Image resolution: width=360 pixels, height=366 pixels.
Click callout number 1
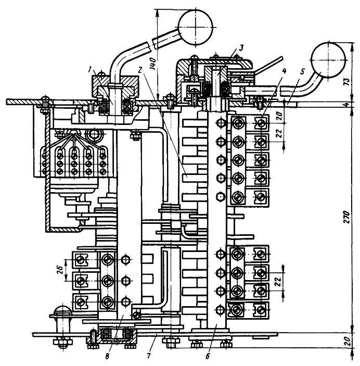[90, 69]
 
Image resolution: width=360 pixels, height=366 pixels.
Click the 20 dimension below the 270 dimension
[352, 342]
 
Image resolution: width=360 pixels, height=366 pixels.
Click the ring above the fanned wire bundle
[95, 136]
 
